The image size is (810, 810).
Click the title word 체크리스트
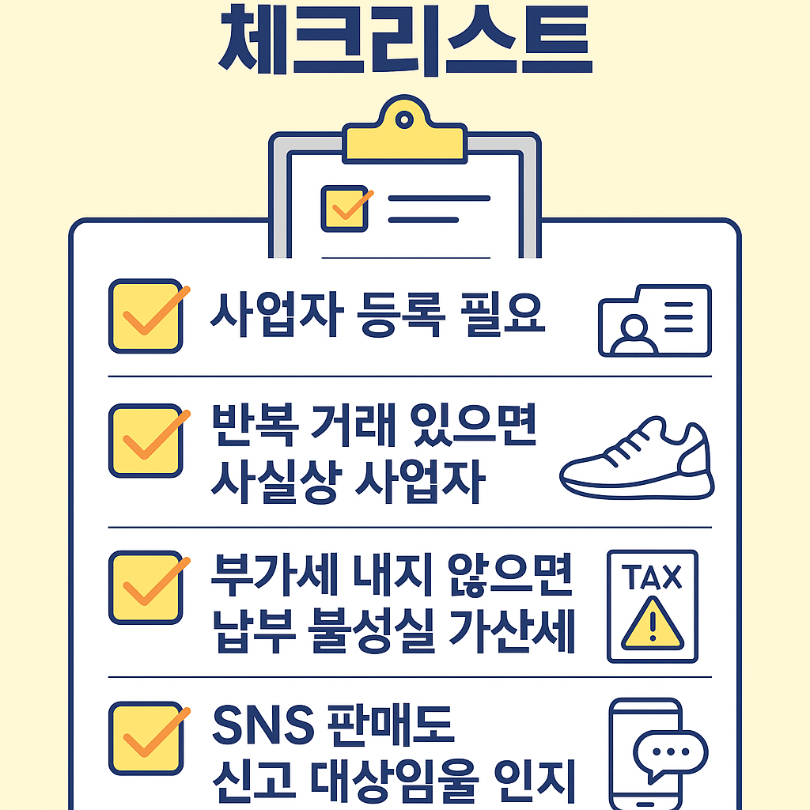coord(404,40)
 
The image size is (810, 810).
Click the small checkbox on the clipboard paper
coord(344,208)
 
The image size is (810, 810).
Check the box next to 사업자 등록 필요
coord(145,316)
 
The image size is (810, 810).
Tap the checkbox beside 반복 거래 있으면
coord(145,441)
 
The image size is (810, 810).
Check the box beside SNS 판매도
coord(145,738)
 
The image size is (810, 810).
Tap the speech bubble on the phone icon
coord(672,755)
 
